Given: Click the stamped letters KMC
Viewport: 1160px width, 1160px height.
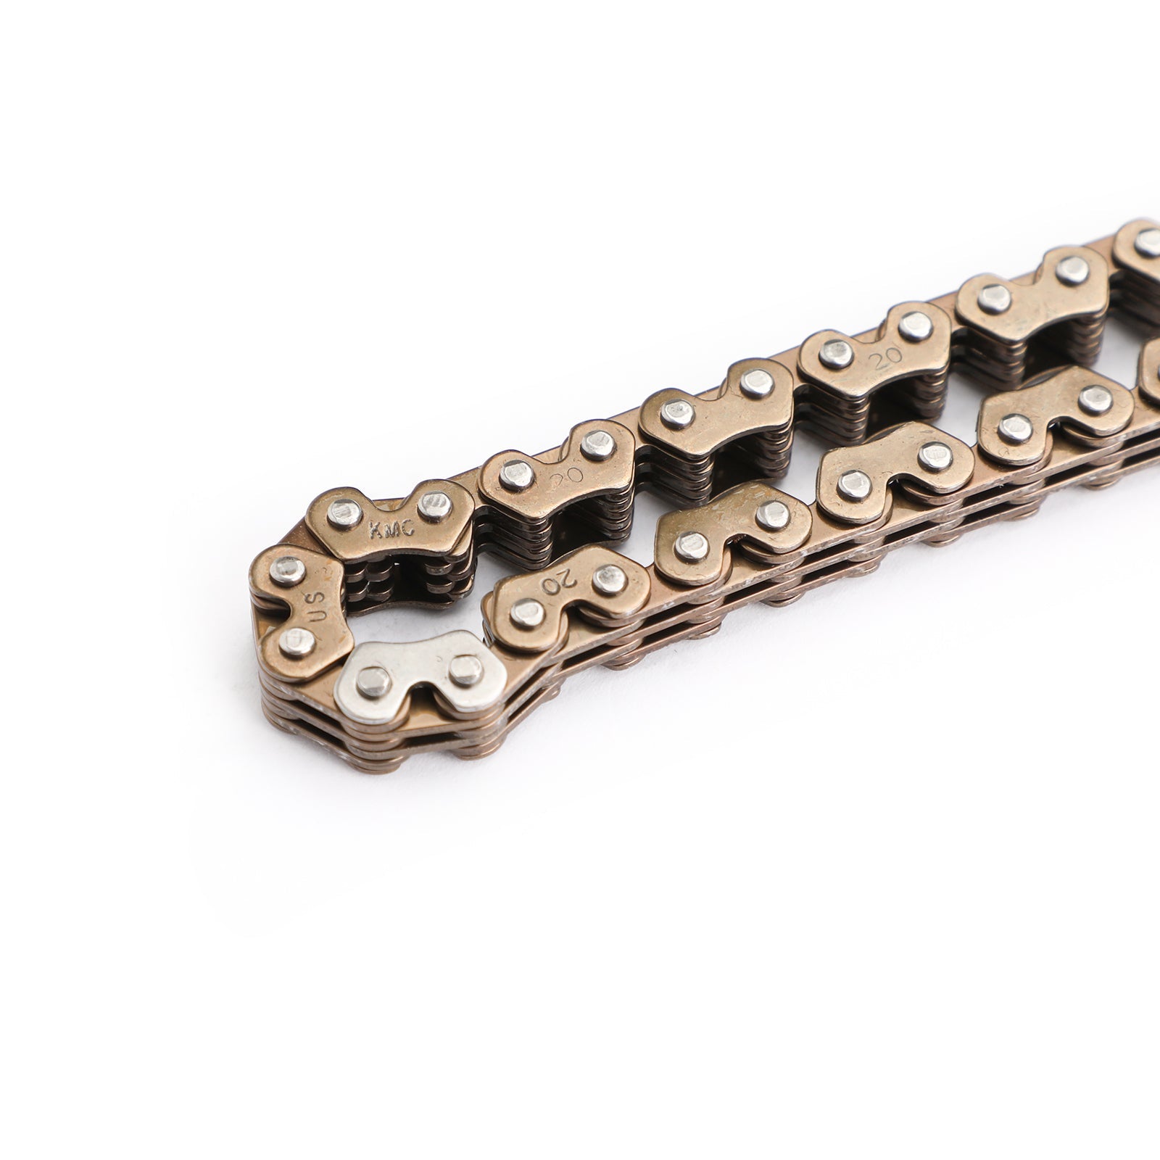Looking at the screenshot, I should click(391, 529).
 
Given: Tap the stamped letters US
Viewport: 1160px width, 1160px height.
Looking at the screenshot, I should click(318, 605).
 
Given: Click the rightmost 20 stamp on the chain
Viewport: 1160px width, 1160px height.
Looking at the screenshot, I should click(883, 359).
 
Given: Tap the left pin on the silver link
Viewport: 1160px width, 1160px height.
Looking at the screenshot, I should click(374, 681).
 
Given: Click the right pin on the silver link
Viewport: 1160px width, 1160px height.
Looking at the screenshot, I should click(465, 671).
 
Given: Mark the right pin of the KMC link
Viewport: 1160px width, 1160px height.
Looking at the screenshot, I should click(434, 505).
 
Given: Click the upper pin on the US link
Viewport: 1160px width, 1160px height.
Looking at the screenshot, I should click(288, 571).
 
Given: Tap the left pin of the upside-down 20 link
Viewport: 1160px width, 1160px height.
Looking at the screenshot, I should click(527, 613).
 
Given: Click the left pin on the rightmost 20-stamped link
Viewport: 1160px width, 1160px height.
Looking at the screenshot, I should click(836, 353).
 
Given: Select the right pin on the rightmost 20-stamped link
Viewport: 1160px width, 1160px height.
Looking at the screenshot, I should click(916, 326).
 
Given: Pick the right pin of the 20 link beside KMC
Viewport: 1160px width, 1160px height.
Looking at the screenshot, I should click(597, 442).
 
